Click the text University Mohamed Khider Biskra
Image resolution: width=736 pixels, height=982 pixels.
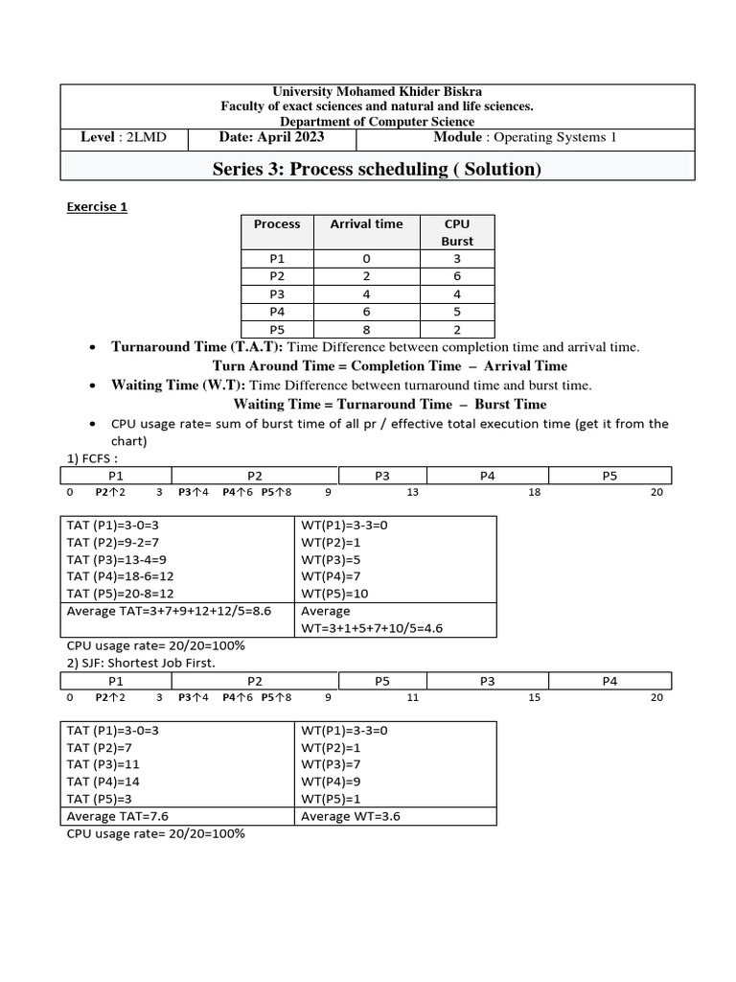pyautogui.click(x=373, y=91)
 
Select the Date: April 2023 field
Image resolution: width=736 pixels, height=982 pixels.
pyautogui.click(x=271, y=137)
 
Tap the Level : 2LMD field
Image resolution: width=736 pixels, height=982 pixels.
pyautogui.click(x=124, y=137)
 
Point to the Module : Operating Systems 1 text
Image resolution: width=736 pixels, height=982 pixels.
pyautogui.click(x=525, y=137)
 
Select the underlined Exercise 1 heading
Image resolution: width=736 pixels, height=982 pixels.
pyautogui.click(x=96, y=206)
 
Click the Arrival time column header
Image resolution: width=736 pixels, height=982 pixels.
pyautogui.click(x=366, y=223)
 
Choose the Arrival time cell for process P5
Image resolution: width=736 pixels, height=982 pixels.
pyautogui.click(x=366, y=328)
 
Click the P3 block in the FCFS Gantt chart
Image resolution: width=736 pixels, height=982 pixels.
pyautogui.click(x=382, y=475)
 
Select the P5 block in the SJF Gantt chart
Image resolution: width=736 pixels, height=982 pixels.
pyautogui.click(x=382, y=680)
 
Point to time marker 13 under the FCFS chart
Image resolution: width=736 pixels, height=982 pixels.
pyautogui.click(x=413, y=492)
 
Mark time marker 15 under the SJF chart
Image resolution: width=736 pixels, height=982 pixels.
pyautogui.click(x=535, y=697)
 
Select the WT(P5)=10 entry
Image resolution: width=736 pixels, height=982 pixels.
pyautogui.click(x=334, y=594)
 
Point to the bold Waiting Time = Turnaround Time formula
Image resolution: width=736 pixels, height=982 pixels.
pyautogui.click(x=390, y=404)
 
